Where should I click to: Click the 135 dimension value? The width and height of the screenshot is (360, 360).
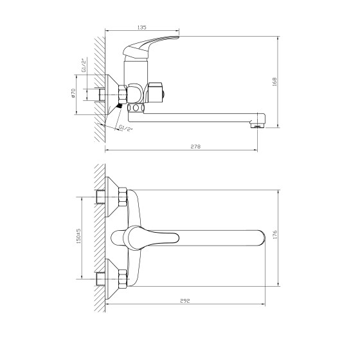(x=142, y=27)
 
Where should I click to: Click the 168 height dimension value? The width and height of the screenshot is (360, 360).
(x=274, y=82)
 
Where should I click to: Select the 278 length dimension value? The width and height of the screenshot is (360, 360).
(x=195, y=147)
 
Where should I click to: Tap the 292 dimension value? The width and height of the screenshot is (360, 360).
(x=185, y=301)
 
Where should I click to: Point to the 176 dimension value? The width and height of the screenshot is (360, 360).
(x=275, y=235)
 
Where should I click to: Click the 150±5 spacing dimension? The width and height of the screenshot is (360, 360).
(x=78, y=236)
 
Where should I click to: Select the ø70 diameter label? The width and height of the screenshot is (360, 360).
(x=73, y=93)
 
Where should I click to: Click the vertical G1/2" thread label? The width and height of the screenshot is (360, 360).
(x=84, y=65)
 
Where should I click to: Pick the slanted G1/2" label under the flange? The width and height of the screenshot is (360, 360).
(x=126, y=128)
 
